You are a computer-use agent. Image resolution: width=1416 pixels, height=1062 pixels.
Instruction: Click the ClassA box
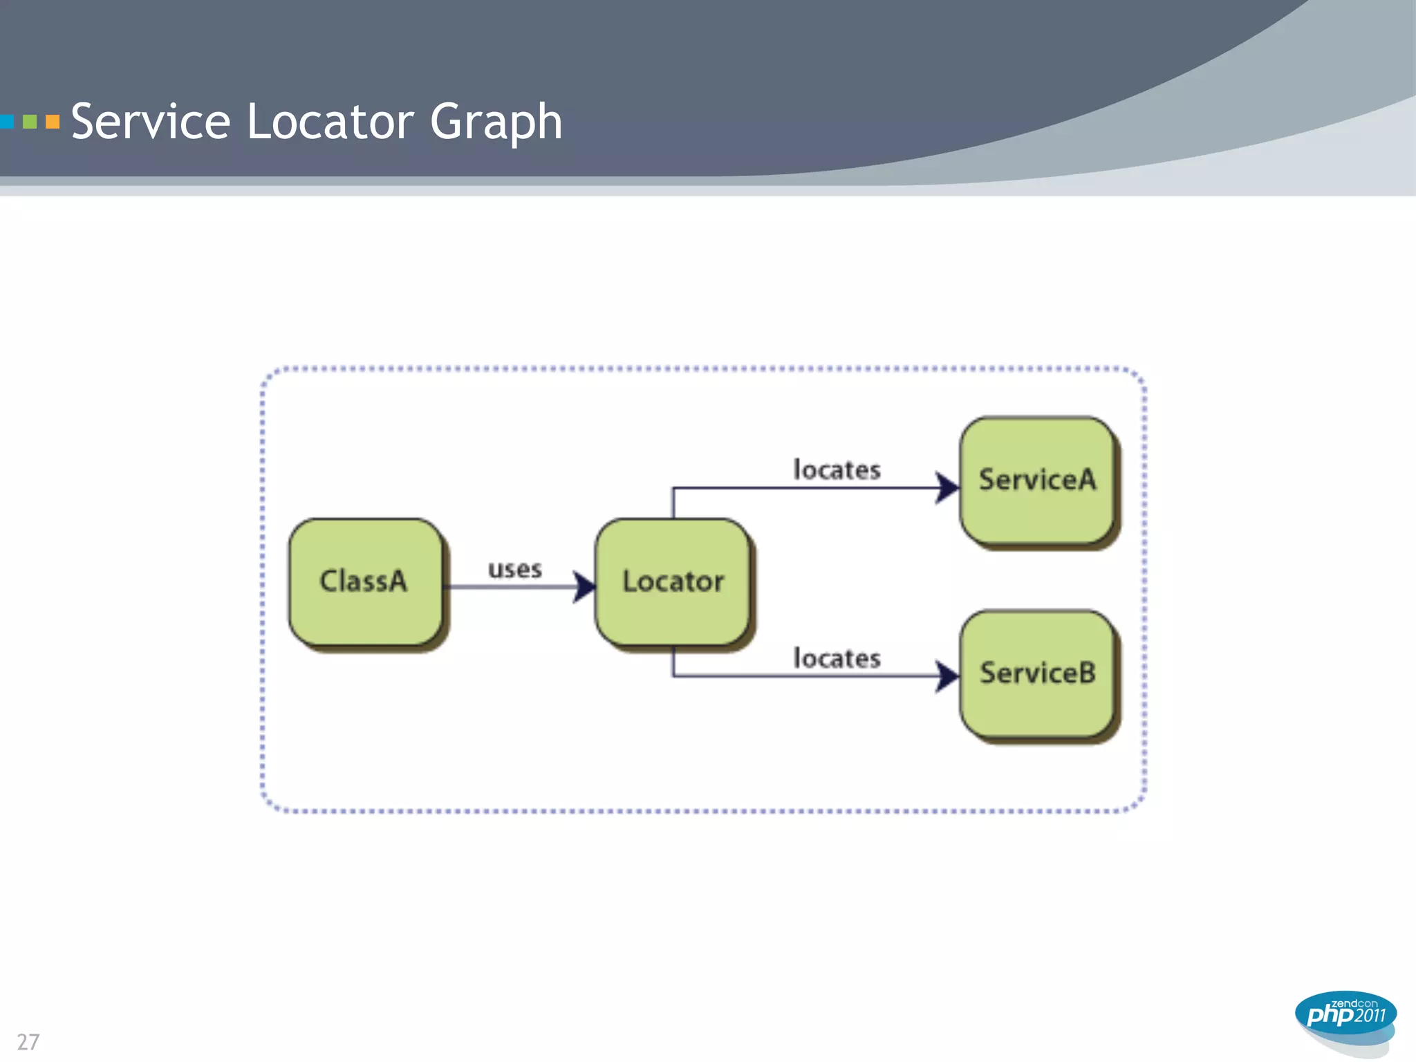(365, 582)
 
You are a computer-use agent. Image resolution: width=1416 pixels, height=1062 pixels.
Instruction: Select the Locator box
(672, 582)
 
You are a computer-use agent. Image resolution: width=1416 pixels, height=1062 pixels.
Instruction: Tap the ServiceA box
(1037, 480)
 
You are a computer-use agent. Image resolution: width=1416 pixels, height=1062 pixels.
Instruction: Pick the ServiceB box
(1037, 673)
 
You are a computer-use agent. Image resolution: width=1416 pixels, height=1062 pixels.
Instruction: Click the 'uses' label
(514, 570)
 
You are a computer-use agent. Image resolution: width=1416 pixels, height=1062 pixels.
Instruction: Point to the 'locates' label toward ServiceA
(837, 470)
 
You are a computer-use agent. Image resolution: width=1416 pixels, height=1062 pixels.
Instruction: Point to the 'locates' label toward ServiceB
(837, 658)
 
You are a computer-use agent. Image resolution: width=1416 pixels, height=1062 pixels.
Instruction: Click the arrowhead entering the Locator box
(584, 587)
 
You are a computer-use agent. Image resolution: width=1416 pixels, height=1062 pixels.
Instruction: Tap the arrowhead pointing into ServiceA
(947, 488)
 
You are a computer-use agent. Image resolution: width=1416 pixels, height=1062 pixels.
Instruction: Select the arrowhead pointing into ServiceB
(947, 676)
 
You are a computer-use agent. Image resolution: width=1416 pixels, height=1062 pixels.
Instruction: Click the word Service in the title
(151, 122)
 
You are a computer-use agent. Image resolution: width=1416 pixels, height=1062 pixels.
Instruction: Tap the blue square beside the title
(7, 122)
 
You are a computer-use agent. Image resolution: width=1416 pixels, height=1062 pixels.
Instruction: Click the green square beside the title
(30, 122)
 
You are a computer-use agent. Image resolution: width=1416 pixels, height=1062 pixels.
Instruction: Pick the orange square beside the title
(53, 122)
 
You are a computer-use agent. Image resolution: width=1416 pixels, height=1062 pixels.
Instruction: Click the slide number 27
(28, 1042)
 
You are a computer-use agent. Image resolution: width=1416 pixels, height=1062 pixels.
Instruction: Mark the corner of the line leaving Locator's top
(673, 489)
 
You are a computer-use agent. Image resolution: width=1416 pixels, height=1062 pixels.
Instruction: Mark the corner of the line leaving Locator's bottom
(673, 676)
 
